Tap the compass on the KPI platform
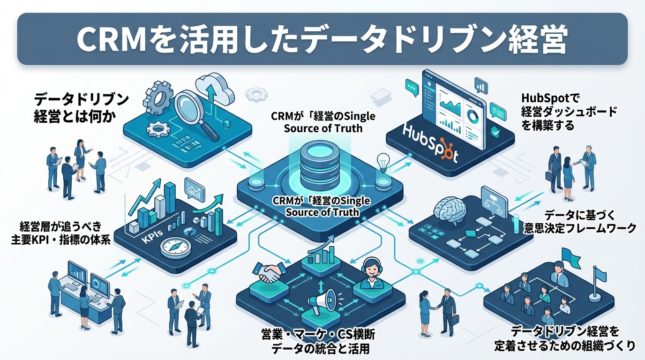[176, 246]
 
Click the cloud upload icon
[214, 89]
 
